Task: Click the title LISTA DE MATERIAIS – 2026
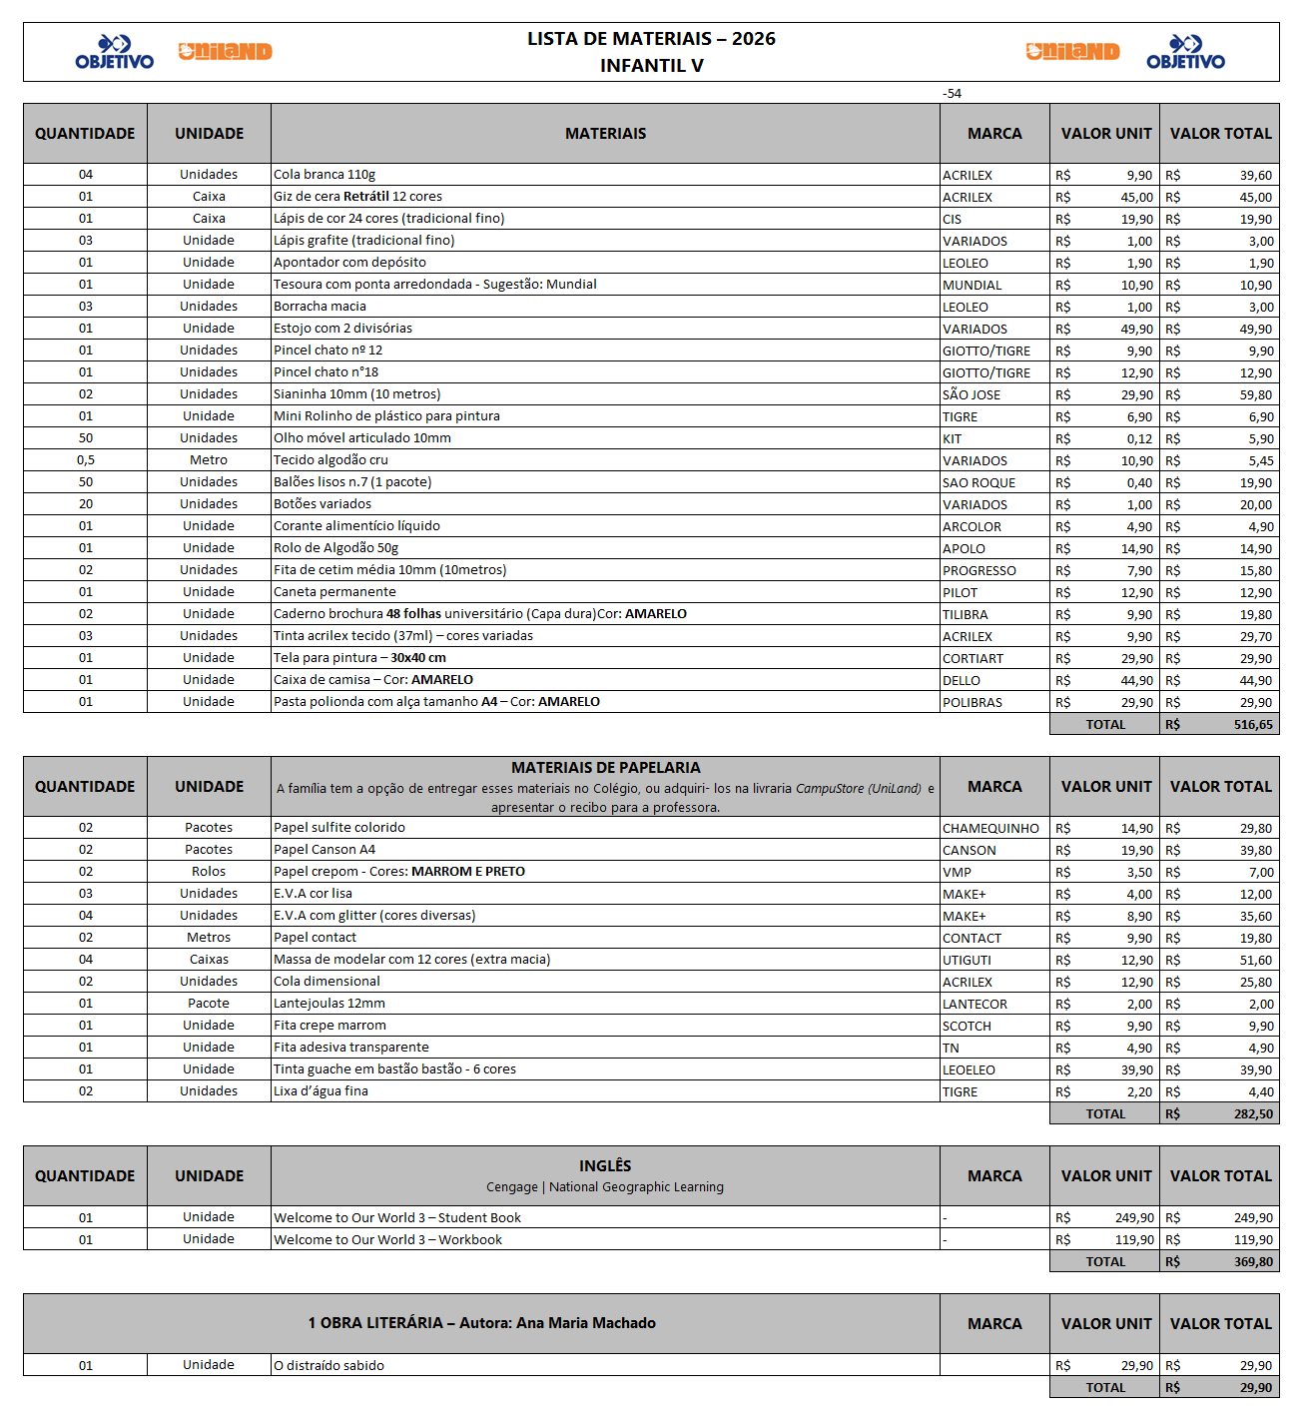[x=651, y=39]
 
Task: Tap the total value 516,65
[x=1253, y=725]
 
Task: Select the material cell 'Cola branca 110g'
[x=325, y=175]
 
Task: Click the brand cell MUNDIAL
[x=972, y=286]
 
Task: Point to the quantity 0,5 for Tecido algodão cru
[x=86, y=460]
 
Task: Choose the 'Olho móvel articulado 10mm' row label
[x=362, y=438]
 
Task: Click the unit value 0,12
[x=1139, y=439]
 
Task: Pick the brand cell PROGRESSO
[x=978, y=571]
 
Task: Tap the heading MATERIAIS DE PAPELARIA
[x=605, y=768]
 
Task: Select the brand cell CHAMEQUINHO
[x=990, y=829]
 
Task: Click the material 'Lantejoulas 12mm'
[x=329, y=1004]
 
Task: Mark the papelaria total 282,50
[x=1253, y=1114]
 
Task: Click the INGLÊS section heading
[x=605, y=1166]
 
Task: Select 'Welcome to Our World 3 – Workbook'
[x=387, y=1240]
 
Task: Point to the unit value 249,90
[x=1134, y=1218]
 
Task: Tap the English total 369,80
[x=1253, y=1262]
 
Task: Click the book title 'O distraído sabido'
[x=328, y=1366]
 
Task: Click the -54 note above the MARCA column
[x=952, y=94]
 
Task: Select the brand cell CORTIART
[x=973, y=659]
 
